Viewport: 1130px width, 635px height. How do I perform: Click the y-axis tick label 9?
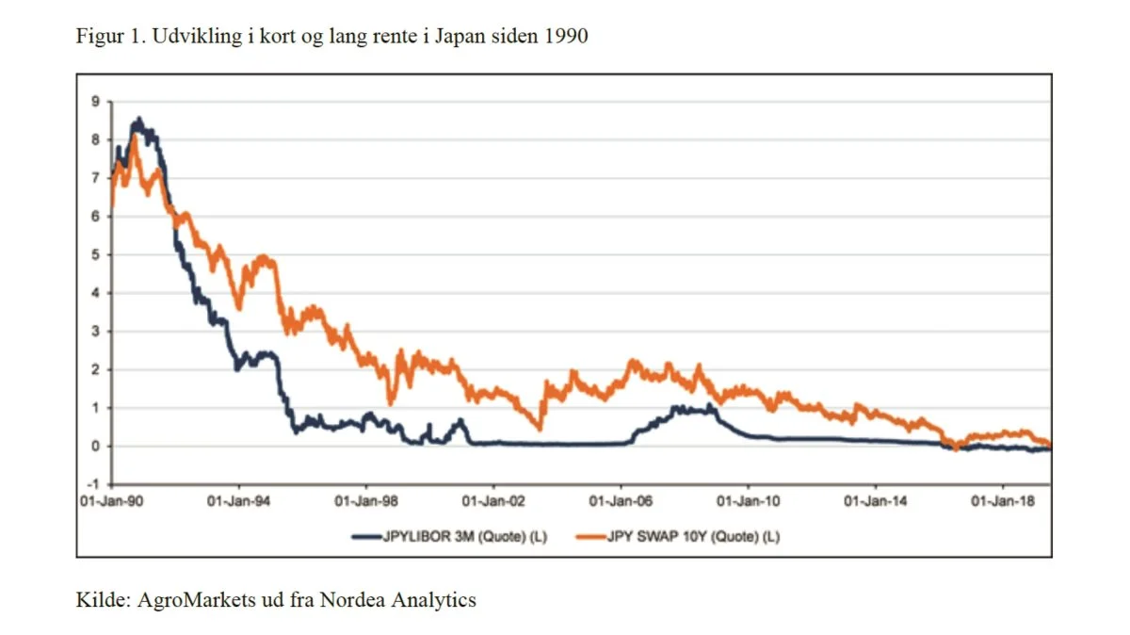click(95, 102)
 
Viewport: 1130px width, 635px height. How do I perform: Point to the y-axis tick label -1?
click(94, 484)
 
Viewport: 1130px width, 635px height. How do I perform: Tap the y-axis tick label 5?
click(95, 254)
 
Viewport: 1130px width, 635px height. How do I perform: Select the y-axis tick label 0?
click(95, 447)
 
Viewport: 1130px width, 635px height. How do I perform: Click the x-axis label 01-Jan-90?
click(111, 501)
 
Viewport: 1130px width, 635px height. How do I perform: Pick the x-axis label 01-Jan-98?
click(366, 501)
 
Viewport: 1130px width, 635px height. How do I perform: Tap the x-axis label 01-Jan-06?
click(621, 501)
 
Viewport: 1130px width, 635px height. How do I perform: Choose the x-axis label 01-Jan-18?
click(1003, 501)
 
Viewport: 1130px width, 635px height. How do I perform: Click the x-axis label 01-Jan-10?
click(749, 501)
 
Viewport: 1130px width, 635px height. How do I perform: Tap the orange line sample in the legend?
click(590, 537)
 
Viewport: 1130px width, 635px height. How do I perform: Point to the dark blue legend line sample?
click(366, 537)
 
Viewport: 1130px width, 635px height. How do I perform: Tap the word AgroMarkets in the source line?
click(197, 599)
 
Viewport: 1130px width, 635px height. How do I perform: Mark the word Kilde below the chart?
click(104, 599)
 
